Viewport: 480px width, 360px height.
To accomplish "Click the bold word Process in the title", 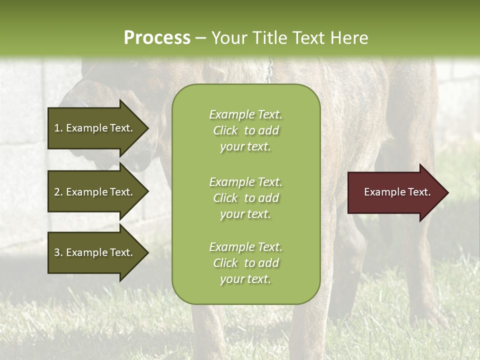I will click(157, 38).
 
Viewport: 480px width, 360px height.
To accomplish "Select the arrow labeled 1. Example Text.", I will click(95, 128).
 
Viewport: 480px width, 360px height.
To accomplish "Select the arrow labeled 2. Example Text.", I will click(95, 192).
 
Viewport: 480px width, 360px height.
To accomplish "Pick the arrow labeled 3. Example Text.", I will click(95, 252).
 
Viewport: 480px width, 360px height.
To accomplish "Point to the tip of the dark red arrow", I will click(447, 192).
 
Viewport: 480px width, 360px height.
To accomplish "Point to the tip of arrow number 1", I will click(147, 128).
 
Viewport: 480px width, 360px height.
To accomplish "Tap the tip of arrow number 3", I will click(147, 252).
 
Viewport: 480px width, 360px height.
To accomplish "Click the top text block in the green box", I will click(245, 130).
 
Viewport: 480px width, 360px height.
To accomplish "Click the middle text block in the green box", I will click(245, 197).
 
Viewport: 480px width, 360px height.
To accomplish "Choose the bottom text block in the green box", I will click(245, 263).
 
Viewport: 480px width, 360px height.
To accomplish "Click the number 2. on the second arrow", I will click(58, 192).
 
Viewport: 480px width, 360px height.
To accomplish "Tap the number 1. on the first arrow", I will click(58, 128).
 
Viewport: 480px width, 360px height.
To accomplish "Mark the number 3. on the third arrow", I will click(58, 252).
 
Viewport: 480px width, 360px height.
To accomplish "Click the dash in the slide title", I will click(200, 38).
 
